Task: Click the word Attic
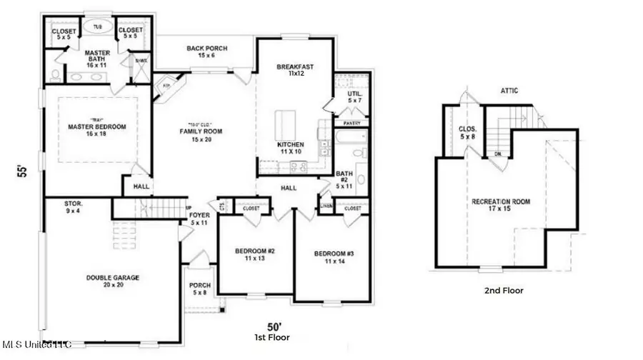pos(509,91)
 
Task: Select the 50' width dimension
pos(264,326)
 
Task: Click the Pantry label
pos(352,124)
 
